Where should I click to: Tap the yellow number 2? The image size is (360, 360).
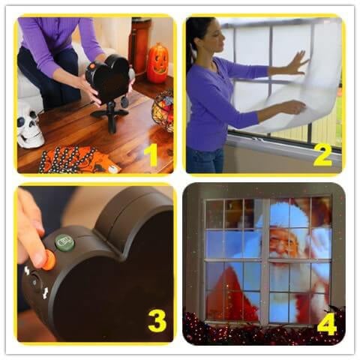coord(323,155)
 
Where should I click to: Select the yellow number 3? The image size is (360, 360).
coord(157,321)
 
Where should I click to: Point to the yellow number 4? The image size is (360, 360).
coord(327,323)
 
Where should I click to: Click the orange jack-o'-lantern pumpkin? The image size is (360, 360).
coord(157,63)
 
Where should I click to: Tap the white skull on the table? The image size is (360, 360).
coord(31,126)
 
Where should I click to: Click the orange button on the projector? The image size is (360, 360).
coord(49,260)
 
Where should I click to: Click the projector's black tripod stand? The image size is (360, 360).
coord(109,115)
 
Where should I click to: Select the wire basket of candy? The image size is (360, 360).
coord(163,110)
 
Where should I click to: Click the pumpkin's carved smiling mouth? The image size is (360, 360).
coord(158,70)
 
